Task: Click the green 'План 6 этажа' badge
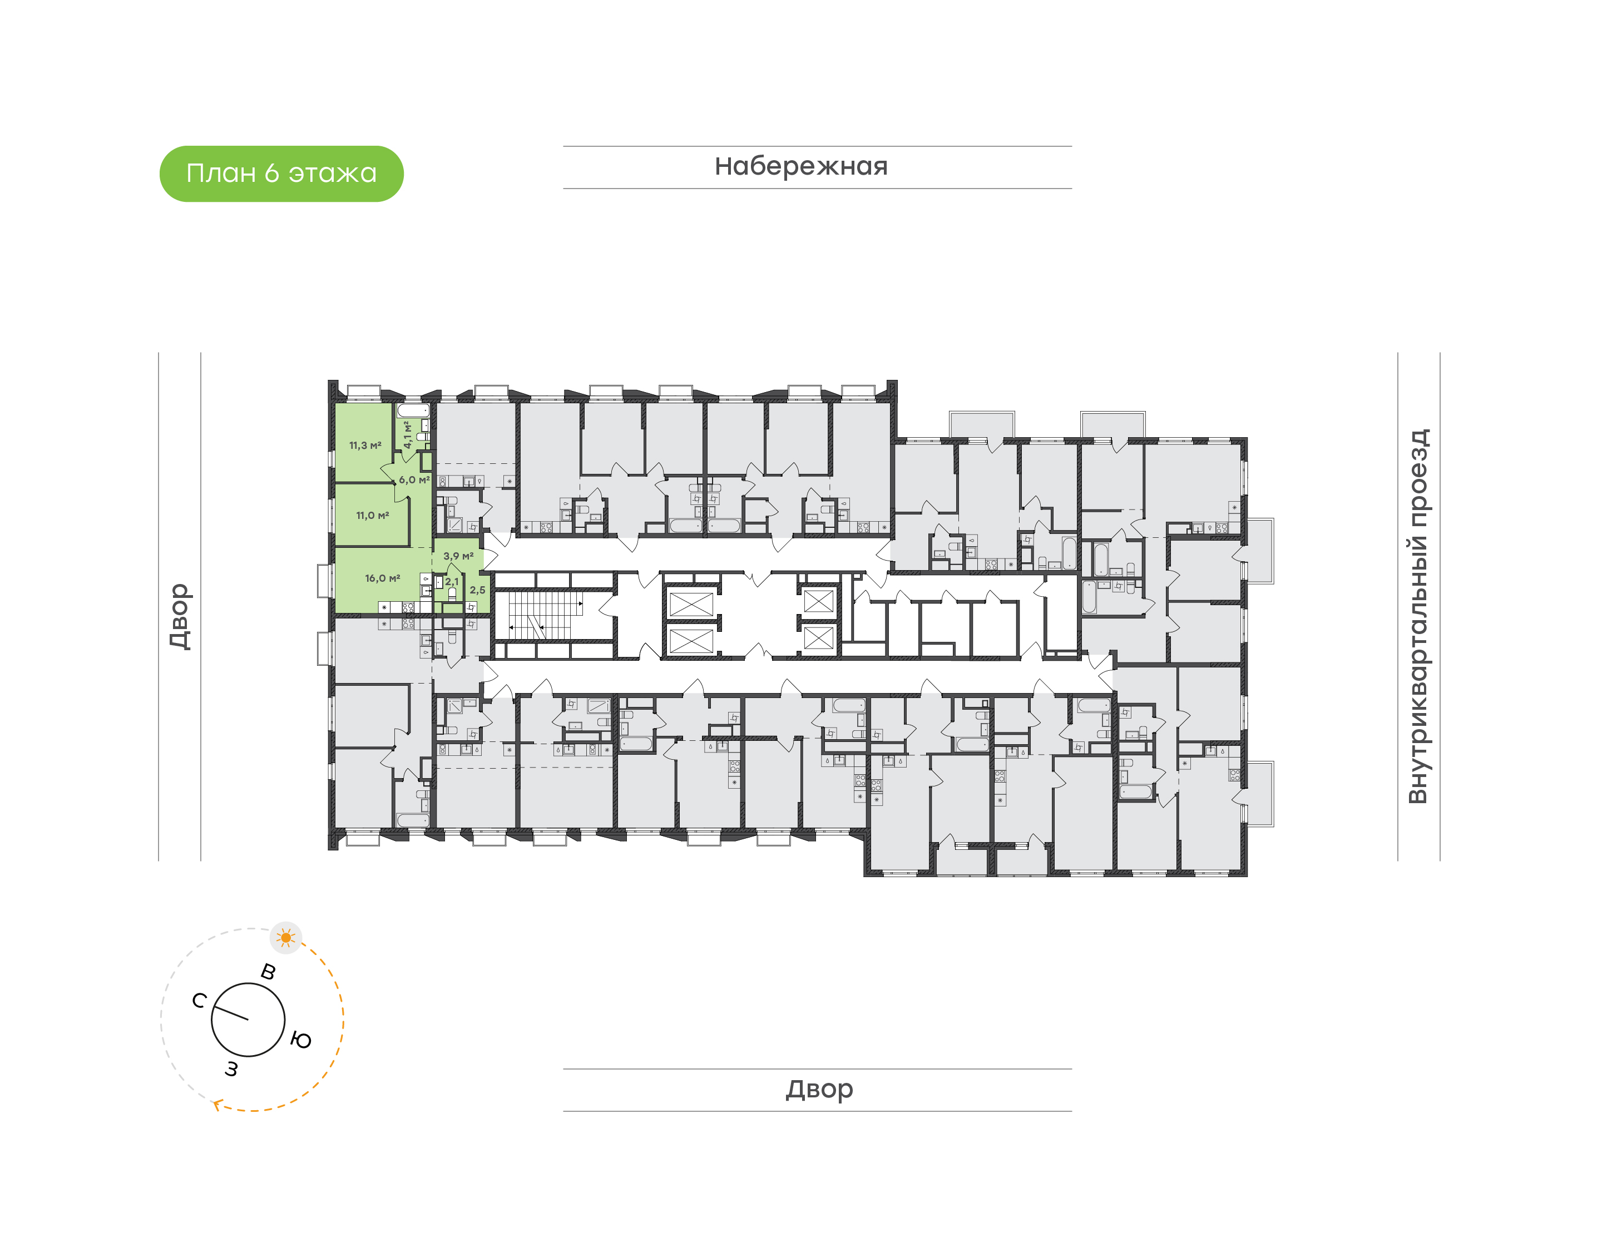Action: [281, 174]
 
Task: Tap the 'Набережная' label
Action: [800, 166]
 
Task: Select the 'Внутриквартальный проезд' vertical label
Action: [1417, 616]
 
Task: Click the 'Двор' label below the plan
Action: [819, 1089]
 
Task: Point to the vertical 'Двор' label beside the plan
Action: [180, 616]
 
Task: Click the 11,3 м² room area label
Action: [365, 446]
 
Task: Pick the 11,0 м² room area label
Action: [372, 515]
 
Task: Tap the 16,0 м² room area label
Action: [383, 578]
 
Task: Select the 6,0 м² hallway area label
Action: [413, 480]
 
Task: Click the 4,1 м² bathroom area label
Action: [407, 434]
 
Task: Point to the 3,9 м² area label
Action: [458, 556]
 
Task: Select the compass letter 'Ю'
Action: [301, 1040]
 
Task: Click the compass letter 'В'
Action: [269, 972]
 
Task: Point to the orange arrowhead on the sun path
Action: [217, 1104]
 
